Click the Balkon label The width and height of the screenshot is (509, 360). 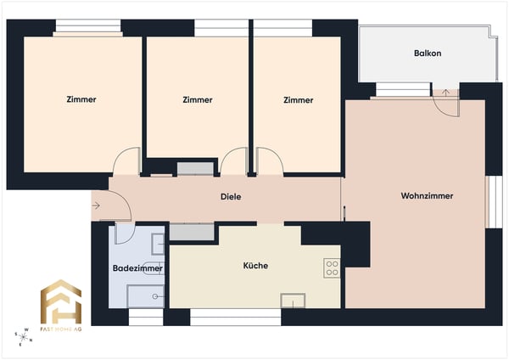[428, 53]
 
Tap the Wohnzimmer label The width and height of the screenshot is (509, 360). [427, 196]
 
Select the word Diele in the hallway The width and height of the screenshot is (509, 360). [231, 197]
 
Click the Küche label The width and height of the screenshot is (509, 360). [255, 266]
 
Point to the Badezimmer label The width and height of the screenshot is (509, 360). [137, 268]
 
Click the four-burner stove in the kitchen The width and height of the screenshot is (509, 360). [332, 268]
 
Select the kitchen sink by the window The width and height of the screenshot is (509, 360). [293, 301]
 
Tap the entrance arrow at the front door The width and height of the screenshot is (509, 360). [96, 205]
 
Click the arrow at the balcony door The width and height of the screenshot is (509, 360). [446, 93]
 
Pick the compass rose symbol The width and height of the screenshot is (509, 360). [23, 337]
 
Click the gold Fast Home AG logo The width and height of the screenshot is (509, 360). [61, 301]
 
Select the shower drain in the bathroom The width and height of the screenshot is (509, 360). [155, 296]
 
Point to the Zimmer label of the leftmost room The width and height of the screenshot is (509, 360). [81, 99]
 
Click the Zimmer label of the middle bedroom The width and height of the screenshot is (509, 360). [198, 99]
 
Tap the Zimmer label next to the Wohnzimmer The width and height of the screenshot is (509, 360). [299, 100]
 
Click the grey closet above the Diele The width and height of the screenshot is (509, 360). [195, 169]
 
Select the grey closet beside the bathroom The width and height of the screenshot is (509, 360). [192, 232]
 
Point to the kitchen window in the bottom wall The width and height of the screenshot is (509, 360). [235, 317]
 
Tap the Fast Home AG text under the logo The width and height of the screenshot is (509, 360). [61, 329]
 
